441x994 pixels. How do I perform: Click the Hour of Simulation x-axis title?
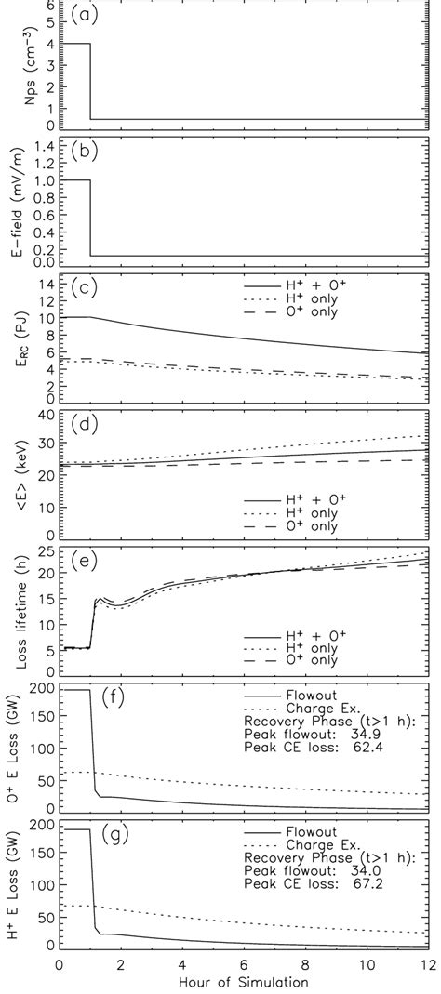pyautogui.click(x=244, y=982)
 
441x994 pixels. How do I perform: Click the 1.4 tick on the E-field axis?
pyautogui.click(x=40, y=146)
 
